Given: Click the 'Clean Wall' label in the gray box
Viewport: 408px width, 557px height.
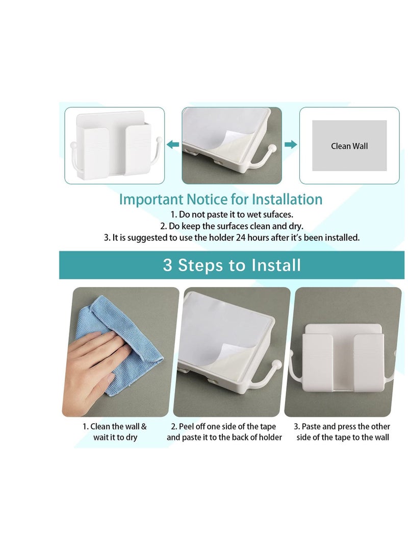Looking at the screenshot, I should pyautogui.click(x=349, y=146).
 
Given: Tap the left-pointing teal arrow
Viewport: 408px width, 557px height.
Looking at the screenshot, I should pyautogui.click(x=173, y=145).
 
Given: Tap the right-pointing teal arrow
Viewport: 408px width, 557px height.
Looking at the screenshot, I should pyautogui.click(x=291, y=145).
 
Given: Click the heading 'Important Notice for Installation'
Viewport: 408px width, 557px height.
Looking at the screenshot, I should pyautogui.click(x=220, y=199).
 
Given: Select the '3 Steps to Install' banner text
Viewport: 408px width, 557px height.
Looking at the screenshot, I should pyautogui.click(x=232, y=265).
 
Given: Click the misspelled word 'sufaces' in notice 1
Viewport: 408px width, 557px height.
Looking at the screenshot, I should pyautogui.click(x=279, y=214).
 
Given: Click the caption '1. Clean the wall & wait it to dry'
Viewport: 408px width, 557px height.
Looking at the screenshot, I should pyautogui.click(x=115, y=432).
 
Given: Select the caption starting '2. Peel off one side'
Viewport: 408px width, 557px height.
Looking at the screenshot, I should pyautogui.click(x=224, y=432).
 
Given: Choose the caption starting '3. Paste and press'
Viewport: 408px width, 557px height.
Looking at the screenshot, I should pyautogui.click(x=343, y=432).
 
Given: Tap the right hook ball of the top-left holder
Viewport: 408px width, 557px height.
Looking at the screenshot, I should pyautogui.click(x=159, y=139).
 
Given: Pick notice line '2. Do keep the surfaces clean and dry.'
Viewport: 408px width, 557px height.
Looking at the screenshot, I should pyautogui.click(x=232, y=226).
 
